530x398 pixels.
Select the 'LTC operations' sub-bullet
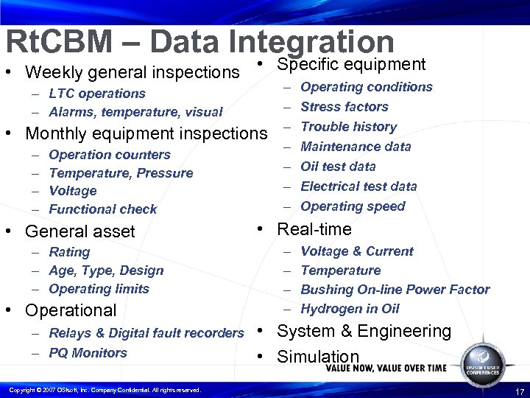[96, 94]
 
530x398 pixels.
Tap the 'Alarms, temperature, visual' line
[135, 112]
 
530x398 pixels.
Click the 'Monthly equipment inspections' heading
[146, 134]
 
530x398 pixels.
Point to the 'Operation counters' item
[109, 155]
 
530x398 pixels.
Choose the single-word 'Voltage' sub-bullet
[72, 191]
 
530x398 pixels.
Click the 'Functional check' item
[102, 209]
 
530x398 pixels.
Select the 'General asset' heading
[79, 231]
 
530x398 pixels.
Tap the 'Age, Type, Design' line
[106, 270]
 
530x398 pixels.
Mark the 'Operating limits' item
[99, 289]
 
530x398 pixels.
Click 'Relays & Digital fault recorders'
[146, 333]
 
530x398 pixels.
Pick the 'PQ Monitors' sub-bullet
[88, 353]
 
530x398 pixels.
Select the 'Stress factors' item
[344, 107]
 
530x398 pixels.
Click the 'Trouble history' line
[348, 127]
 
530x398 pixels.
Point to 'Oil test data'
[338, 167]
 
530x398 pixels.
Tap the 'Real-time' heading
[314, 229]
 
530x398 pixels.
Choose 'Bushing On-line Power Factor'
[395, 290]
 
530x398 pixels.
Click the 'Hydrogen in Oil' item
[350, 309]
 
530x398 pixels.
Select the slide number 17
[520, 391]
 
